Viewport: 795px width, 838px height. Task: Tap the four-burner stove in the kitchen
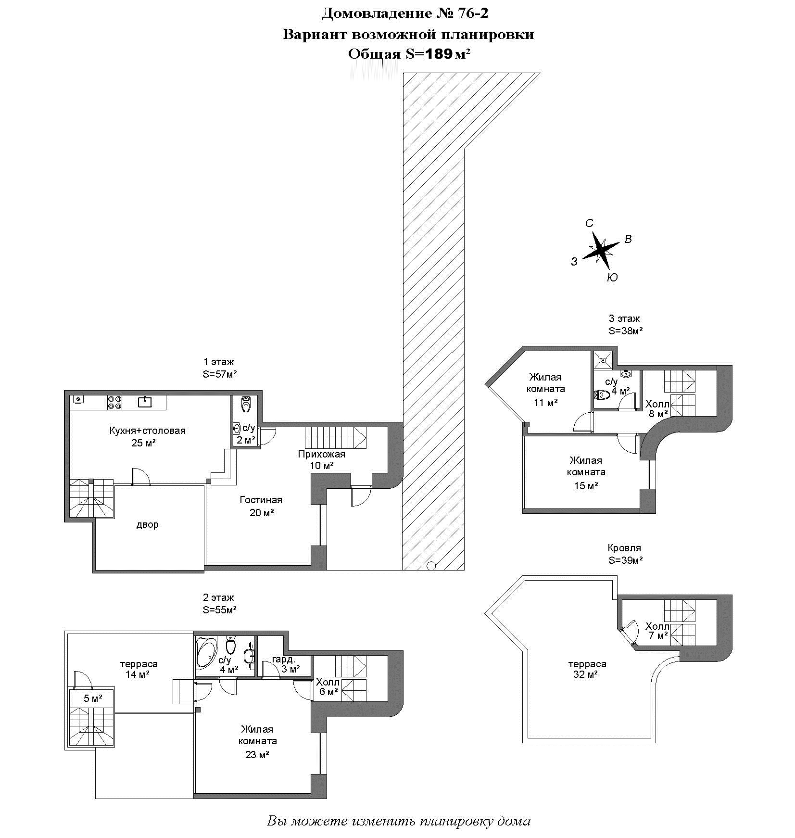pos(114,402)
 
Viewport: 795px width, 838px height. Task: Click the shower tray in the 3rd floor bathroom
pos(603,360)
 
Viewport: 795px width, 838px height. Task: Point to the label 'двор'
pos(147,524)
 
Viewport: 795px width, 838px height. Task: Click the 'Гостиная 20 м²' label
pos(261,506)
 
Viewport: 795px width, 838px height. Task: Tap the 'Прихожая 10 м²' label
pos(322,459)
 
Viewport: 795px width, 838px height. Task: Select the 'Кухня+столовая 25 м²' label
pos(147,436)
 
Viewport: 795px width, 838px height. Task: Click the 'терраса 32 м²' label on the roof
pos(587,669)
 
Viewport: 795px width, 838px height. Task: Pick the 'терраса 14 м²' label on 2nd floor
pos(139,669)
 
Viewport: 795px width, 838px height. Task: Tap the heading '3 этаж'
pos(624,318)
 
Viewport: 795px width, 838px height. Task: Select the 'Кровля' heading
pos(624,548)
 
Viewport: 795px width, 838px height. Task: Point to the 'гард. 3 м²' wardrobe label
pos(286,664)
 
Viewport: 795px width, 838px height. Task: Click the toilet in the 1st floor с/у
pos(246,404)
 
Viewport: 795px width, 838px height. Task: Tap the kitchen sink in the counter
pos(145,402)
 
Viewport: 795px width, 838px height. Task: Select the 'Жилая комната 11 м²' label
pos(545,389)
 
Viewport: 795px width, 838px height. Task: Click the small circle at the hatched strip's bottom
pos(431,566)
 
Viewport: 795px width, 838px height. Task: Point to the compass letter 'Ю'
pos(612,278)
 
